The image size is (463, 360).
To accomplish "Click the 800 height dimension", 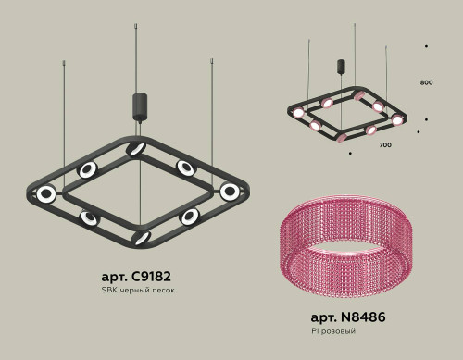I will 427,83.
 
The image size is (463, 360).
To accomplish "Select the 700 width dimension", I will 385,145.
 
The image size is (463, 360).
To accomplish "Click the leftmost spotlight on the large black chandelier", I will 45,193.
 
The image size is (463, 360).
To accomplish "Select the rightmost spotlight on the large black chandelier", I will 229,191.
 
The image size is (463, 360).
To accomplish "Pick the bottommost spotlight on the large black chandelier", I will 141,238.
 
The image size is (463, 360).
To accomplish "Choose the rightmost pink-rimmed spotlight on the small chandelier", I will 397,119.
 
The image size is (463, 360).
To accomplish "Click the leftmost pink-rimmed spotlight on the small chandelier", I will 297,113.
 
